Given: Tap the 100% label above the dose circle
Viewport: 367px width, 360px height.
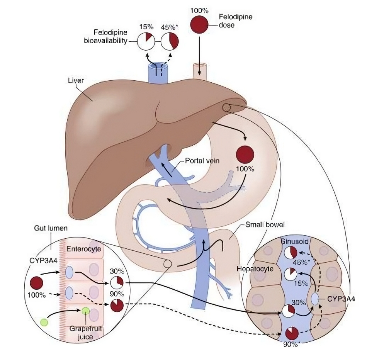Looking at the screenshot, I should [x=198, y=9].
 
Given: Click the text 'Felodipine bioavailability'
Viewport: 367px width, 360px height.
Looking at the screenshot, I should [x=106, y=37].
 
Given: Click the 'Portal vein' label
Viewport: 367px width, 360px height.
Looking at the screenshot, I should [x=202, y=160].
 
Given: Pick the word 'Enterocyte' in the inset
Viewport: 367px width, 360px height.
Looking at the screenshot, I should [x=83, y=249].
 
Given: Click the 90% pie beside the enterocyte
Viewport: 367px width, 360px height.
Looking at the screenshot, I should [x=117, y=306].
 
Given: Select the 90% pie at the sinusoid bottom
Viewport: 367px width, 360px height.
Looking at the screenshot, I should [x=292, y=333].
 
